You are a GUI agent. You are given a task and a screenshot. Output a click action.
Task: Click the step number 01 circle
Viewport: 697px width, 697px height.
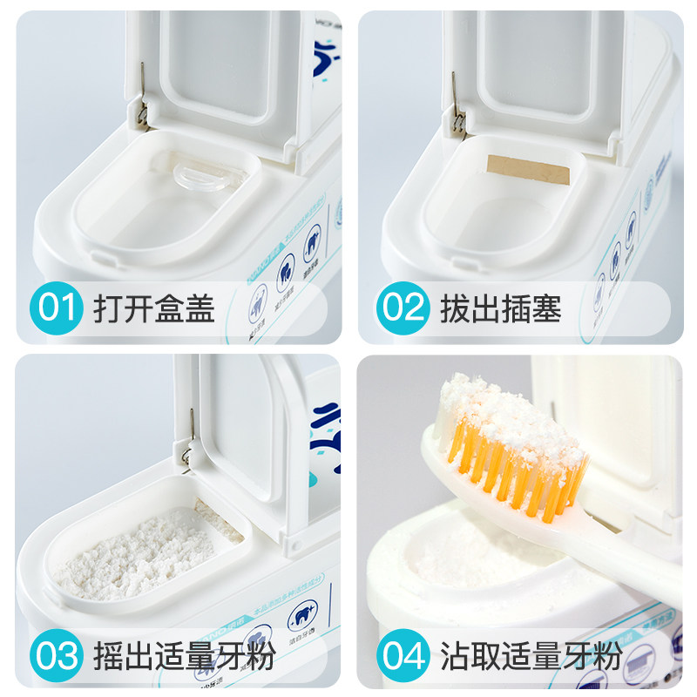[x=58, y=308]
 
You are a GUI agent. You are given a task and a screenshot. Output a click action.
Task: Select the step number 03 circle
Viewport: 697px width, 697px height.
[x=58, y=654]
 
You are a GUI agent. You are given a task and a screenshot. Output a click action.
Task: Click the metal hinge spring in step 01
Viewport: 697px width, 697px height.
[x=139, y=96]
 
